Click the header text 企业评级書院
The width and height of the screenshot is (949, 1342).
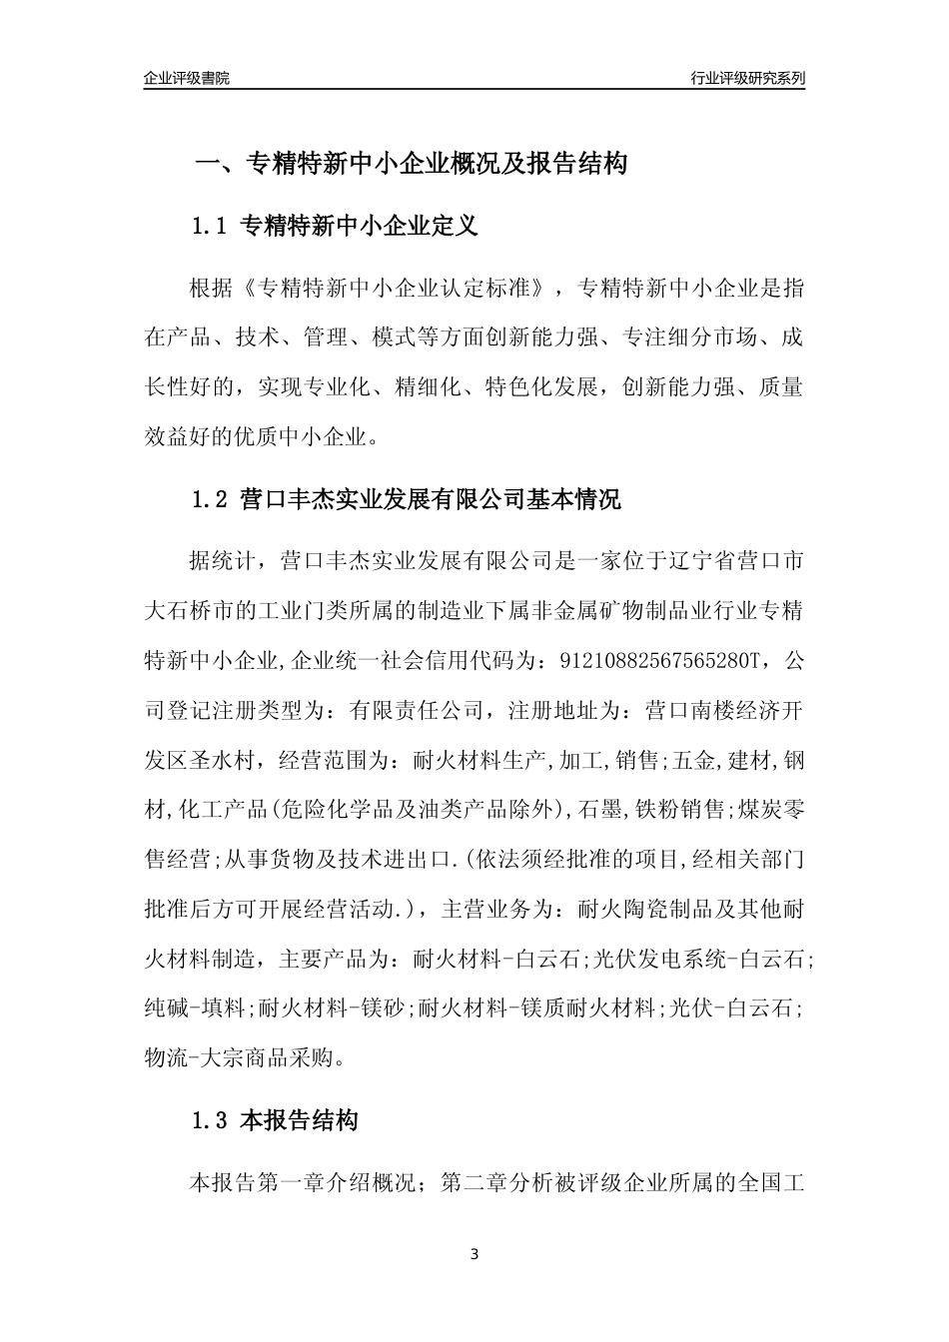(187, 78)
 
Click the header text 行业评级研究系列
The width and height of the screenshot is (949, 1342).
(747, 78)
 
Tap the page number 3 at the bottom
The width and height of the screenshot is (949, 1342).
(474, 1254)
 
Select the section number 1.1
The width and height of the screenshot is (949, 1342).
(211, 227)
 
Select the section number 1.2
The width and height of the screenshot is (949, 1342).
(211, 499)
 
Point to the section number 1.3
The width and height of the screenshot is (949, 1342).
(211, 1121)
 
